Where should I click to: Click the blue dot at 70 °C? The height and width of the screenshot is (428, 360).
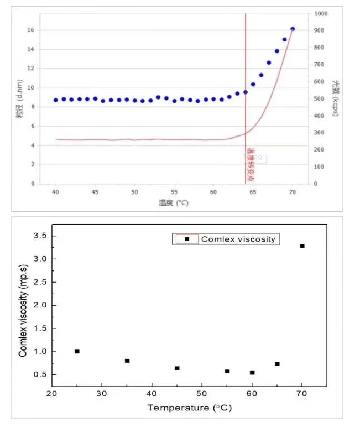(x=293, y=29)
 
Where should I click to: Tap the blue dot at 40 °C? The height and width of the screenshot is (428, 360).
(x=56, y=100)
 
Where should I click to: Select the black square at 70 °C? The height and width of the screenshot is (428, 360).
(x=302, y=246)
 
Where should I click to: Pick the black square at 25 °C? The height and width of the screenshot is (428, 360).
(x=77, y=351)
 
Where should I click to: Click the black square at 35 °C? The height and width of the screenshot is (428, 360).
(x=127, y=361)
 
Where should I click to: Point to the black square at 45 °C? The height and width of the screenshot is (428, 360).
(x=177, y=368)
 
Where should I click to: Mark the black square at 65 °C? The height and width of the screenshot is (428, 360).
(x=277, y=364)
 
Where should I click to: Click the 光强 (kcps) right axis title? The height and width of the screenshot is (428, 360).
(x=335, y=98)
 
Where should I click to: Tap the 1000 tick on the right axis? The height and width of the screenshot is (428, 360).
(x=321, y=13)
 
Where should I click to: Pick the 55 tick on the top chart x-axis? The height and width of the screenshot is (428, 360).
(x=174, y=191)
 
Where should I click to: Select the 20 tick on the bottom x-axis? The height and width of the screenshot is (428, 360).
(x=51, y=394)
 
